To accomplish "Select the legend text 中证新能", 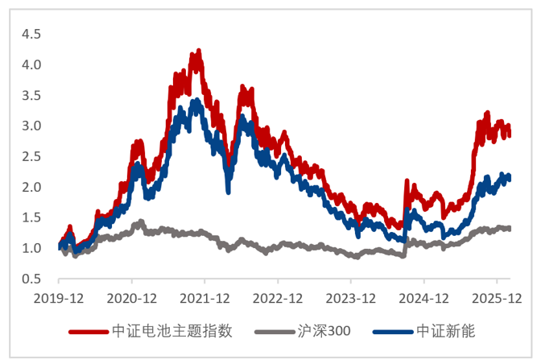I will (443, 331).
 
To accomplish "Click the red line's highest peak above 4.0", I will (198, 51).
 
